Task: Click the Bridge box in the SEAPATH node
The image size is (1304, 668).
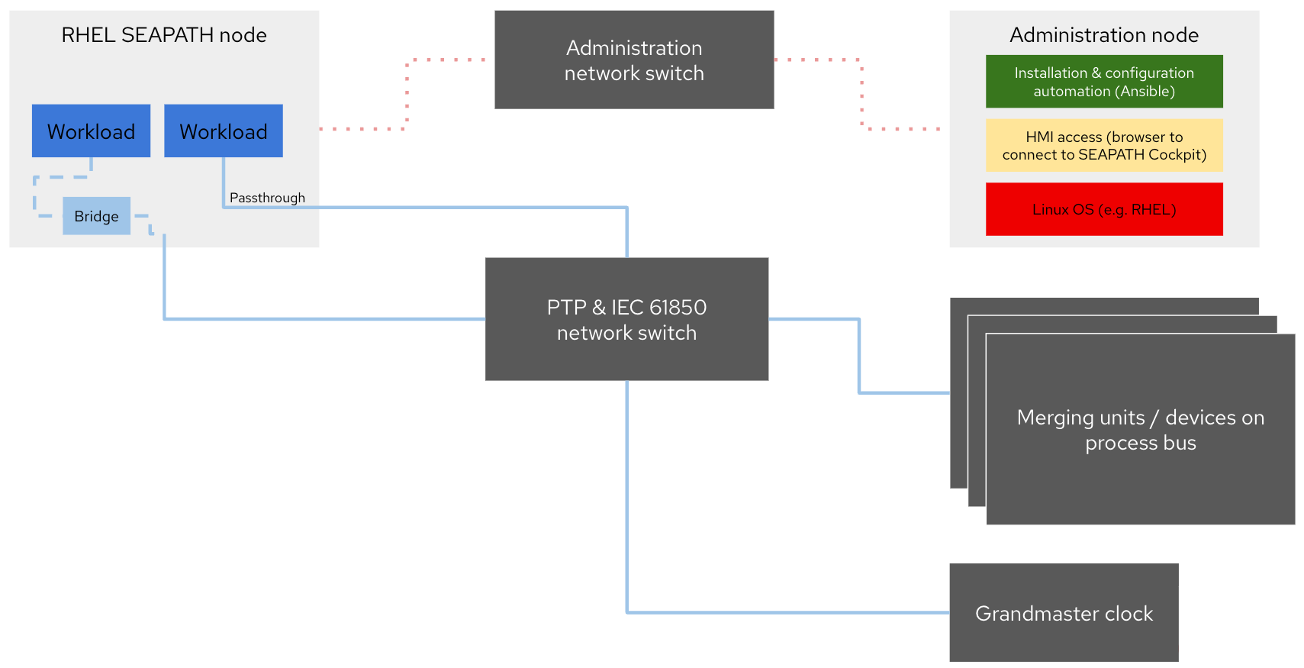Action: pyautogui.click(x=96, y=216)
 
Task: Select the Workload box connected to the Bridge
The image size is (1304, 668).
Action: pyautogui.click(x=91, y=131)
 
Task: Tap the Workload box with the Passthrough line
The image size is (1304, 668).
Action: pyautogui.click(x=223, y=131)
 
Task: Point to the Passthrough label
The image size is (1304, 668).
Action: pyautogui.click(x=267, y=198)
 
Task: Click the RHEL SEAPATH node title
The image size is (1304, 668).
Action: pyautogui.click(x=164, y=35)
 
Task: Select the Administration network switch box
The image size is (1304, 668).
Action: pyautogui.click(x=634, y=60)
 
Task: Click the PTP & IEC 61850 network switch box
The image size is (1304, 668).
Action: pyautogui.click(x=626, y=319)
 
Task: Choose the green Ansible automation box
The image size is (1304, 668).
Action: pyautogui.click(x=1103, y=82)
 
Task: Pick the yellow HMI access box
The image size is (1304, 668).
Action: pyautogui.click(x=1103, y=145)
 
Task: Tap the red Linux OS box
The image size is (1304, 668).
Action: pyautogui.click(x=1103, y=209)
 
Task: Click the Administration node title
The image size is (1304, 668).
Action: pyautogui.click(x=1103, y=35)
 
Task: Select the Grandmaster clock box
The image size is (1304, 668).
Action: pyautogui.click(x=1064, y=613)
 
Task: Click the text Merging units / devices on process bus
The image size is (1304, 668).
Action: pyautogui.click(x=1140, y=430)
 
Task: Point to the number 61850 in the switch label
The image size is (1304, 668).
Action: pyautogui.click(x=678, y=307)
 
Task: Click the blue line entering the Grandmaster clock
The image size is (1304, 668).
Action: pyautogui.click(x=786, y=612)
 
